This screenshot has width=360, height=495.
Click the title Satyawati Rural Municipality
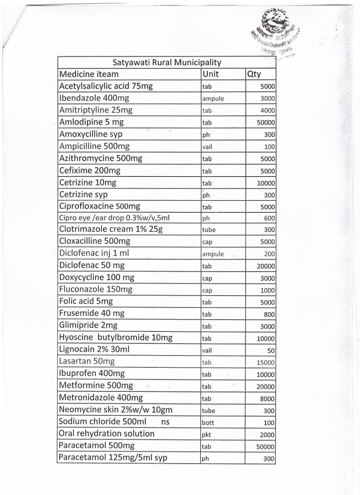(x=167, y=63)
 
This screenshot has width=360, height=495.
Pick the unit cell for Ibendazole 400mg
(x=213, y=99)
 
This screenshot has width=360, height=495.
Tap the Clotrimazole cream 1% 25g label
(x=111, y=229)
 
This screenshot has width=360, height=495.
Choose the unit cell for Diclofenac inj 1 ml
(x=213, y=254)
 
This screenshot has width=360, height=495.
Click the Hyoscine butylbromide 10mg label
(x=116, y=338)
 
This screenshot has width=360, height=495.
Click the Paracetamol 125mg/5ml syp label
(x=113, y=457)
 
